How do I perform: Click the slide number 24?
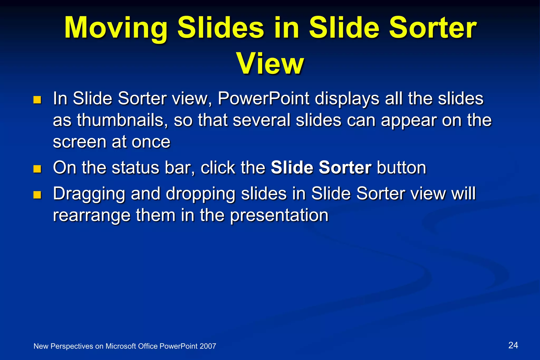[x=513, y=345]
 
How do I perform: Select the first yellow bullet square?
[x=37, y=100]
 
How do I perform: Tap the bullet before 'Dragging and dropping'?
[x=37, y=195]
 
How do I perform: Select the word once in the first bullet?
[x=151, y=142]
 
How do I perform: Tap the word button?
[x=401, y=168]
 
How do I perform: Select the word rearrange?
[x=91, y=215]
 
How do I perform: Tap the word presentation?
[x=279, y=215]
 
